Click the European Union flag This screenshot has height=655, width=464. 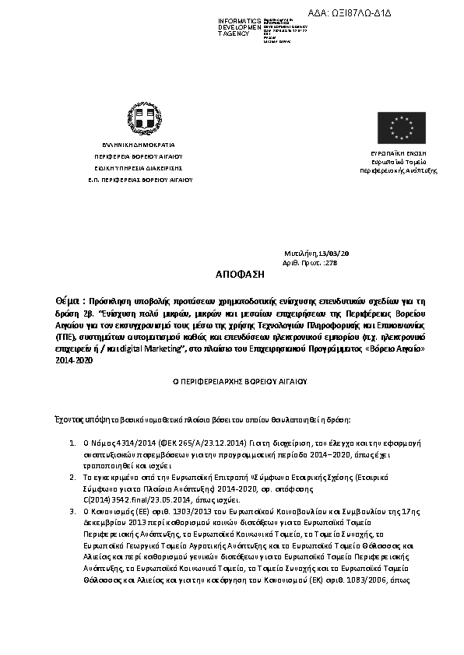[x=402, y=128]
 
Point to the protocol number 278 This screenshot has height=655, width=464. [x=334, y=263]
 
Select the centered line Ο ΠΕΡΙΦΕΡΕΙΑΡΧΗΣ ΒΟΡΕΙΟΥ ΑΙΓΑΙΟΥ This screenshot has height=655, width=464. [x=231, y=383]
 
